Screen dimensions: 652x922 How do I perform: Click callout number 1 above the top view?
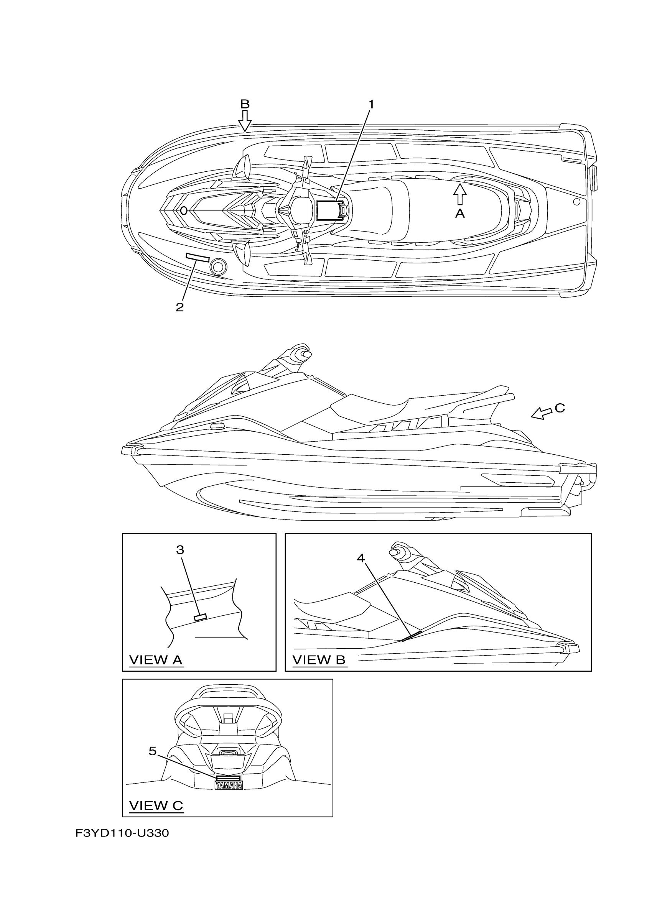tap(371, 104)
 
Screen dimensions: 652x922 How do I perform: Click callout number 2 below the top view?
tap(179, 307)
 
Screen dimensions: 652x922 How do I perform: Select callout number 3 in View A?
tap(180, 550)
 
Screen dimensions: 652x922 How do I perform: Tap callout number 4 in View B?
tap(361, 558)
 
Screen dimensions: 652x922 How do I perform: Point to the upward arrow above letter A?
tap(460, 194)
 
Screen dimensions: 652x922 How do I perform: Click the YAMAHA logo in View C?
tap(229, 786)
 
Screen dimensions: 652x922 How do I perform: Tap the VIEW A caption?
tap(156, 660)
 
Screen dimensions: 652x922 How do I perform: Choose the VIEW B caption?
tap(319, 660)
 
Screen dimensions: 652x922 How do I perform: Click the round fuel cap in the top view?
tap(219, 266)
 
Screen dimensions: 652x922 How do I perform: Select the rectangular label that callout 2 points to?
tap(197, 257)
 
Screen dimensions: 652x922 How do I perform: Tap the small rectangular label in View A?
tap(200, 617)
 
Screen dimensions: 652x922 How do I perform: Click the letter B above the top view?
tap(245, 104)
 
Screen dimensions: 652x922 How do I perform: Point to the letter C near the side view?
tap(560, 408)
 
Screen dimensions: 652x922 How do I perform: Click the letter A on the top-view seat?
tap(460, 214)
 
